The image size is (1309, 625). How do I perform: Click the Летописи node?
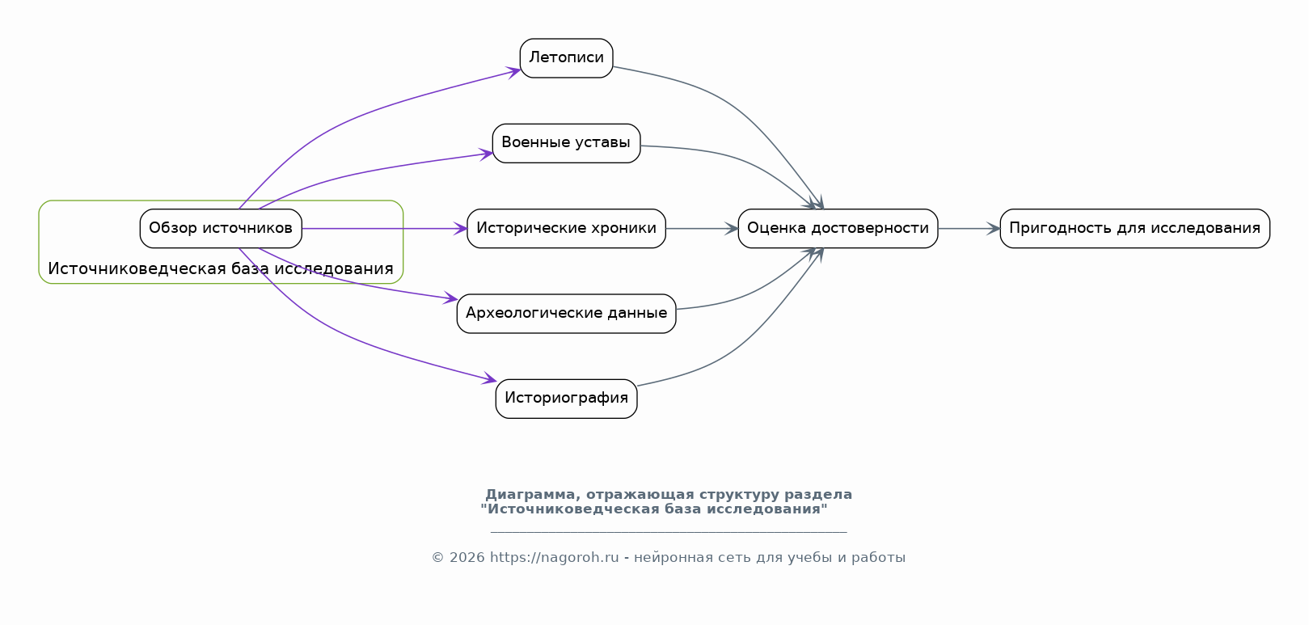[566, 58]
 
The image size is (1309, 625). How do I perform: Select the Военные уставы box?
[566, 143]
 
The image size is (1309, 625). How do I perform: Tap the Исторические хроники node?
[566, 229]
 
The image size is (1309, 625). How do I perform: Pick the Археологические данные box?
[566, 314]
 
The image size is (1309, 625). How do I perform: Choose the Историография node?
[566, 399]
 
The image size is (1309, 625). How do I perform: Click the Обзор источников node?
[221, 229]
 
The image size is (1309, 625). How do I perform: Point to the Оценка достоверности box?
[838, 229]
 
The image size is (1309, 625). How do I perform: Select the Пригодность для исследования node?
[1135, 229]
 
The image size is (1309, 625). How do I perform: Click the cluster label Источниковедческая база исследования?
[221, 269]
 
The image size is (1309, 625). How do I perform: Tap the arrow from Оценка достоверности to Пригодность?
[969, 229]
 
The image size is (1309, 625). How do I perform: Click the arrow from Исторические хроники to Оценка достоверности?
[702, 229]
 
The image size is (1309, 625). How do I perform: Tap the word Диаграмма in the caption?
[530, 495]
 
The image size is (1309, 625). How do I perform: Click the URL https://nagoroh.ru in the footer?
[554, 558]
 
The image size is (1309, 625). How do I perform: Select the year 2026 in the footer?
[467, 558]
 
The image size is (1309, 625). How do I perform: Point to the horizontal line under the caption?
[669, 532]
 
